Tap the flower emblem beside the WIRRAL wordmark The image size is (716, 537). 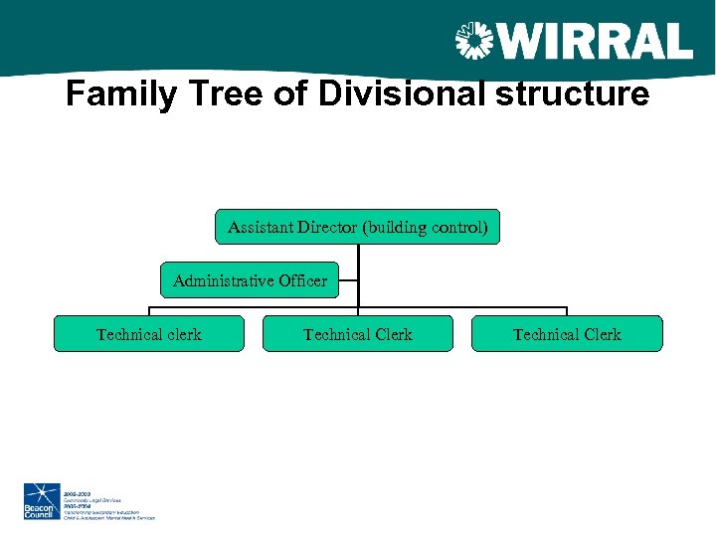pyautogui.click(x=473, y=42)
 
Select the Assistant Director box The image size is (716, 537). pyautogui.click(x=358, y=227)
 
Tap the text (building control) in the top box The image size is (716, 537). pyautogui.click(x=426, y=227)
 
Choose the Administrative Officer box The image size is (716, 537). pyautogui.click(x=250, y=280)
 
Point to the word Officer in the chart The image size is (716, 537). pyautogui.click(x=302, y=280)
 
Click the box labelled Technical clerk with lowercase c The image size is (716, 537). pyautogui.click(x=148, y=334)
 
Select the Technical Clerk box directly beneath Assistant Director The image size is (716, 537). pyautogui.click(x=357, y=334)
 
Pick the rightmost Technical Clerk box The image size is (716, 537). pyautogui.click(x=567, y=334)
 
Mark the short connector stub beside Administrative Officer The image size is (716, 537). pyautogui.click(x=348, y=281)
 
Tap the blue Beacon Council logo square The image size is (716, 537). pyautogui.click(x=42, y=501)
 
